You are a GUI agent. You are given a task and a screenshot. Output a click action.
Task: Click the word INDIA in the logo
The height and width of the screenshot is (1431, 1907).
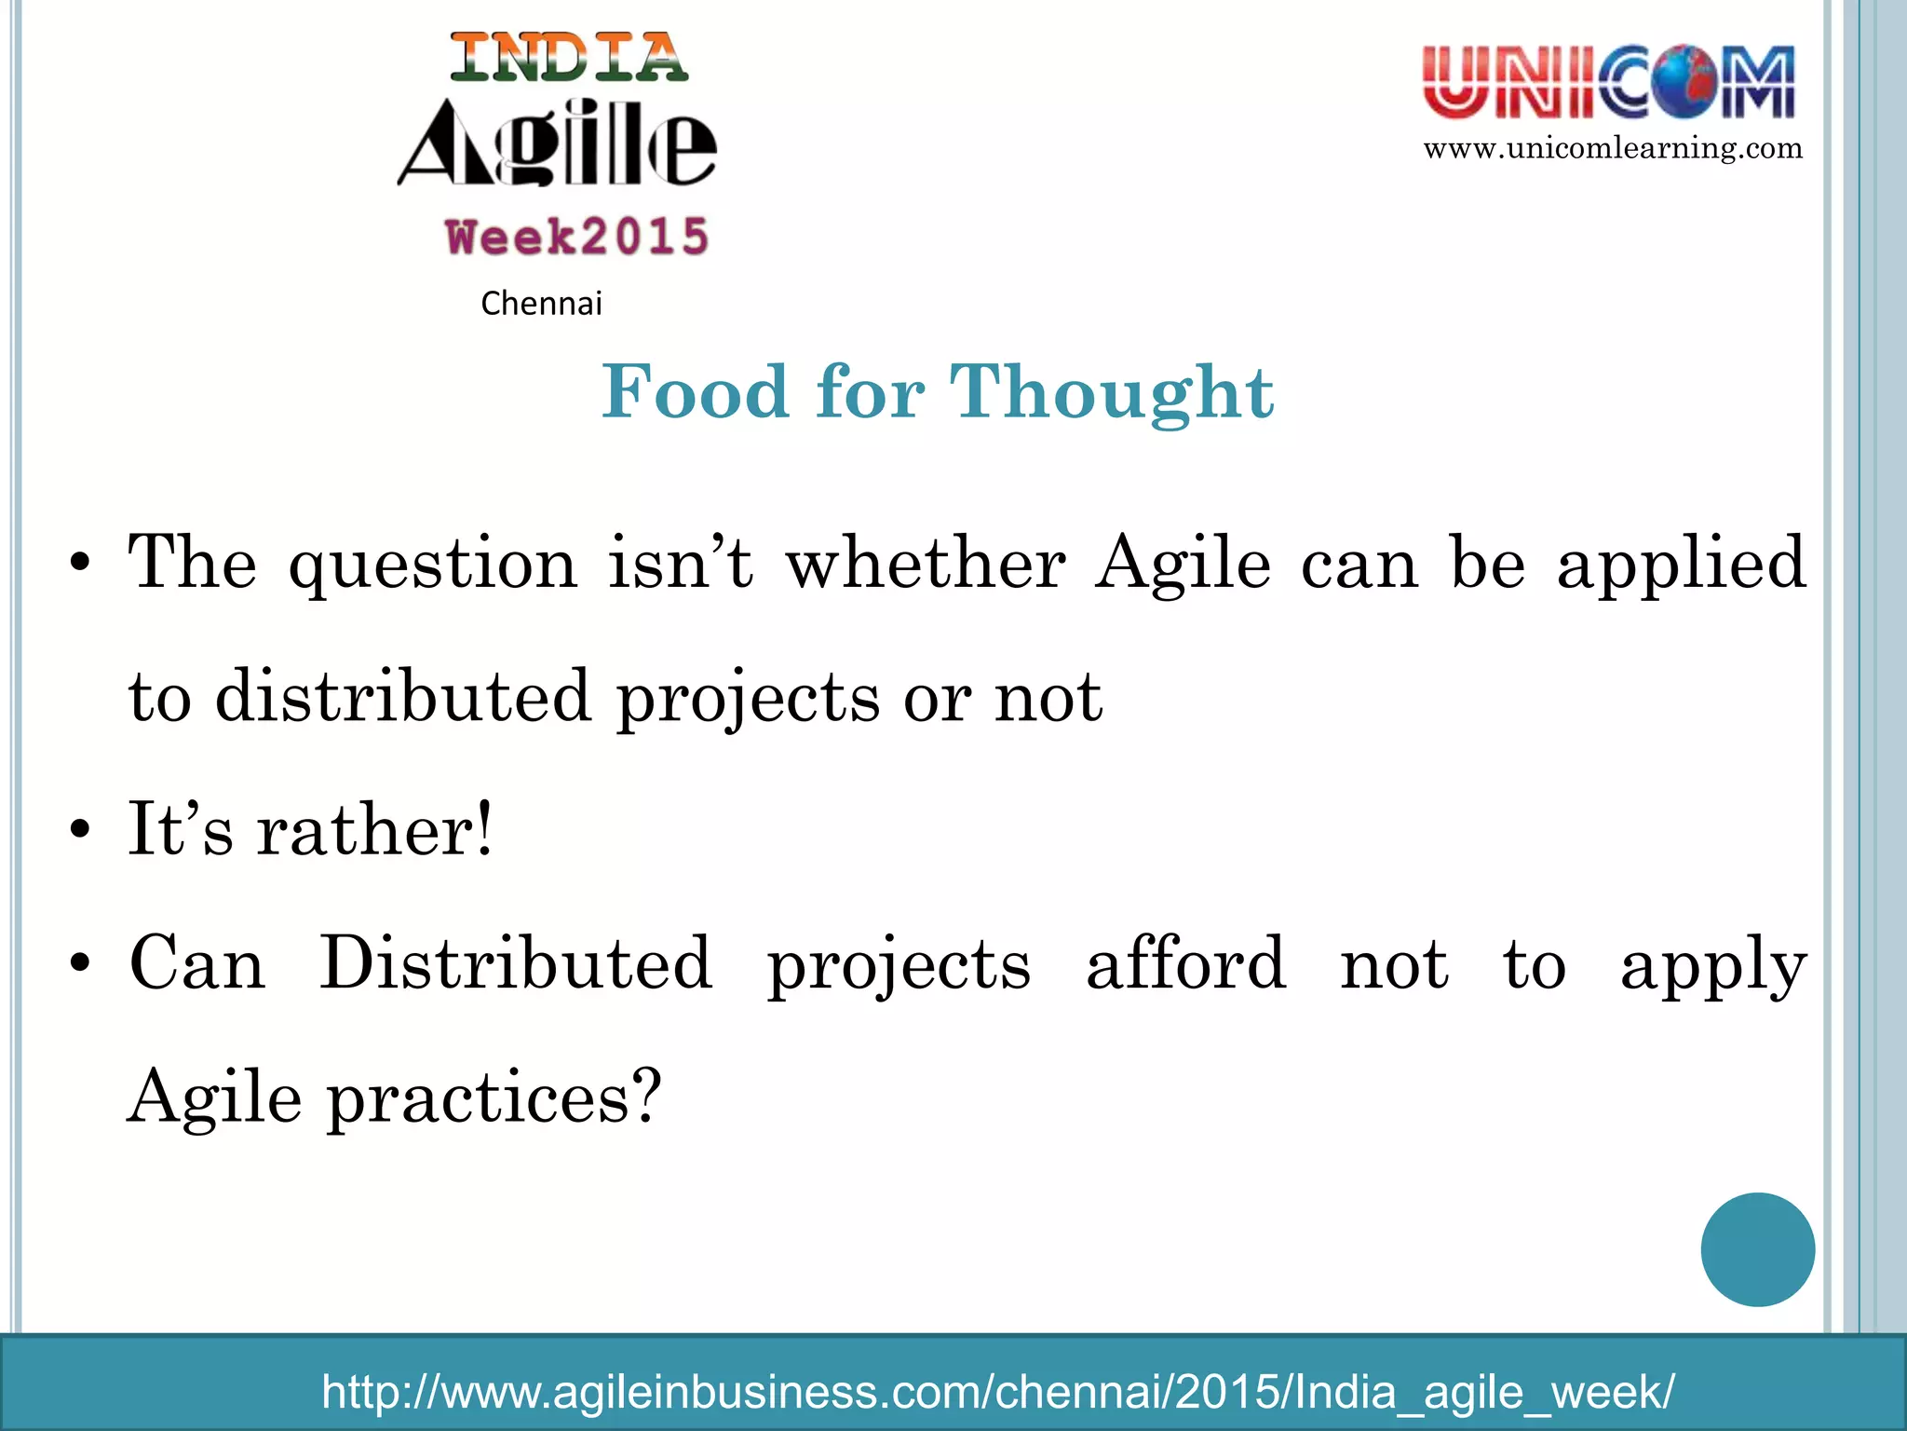coord(569,58)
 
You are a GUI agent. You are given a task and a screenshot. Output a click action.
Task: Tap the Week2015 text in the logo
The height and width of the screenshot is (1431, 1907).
coord(577,237)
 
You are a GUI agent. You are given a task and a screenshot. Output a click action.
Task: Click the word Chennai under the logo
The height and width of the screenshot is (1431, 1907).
coord(541,304)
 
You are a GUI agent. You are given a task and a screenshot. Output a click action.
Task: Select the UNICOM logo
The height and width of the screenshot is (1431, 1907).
coord(1609,83)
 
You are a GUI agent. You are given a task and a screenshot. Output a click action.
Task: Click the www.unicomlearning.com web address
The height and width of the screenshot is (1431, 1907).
coord(1613,148)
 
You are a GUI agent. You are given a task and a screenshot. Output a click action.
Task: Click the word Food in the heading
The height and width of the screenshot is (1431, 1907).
coord(695,392)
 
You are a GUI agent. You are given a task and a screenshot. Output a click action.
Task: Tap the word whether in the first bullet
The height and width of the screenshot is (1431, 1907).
coord(926,564)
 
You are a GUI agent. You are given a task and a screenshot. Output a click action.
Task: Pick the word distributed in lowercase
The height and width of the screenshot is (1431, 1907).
coord(403,697)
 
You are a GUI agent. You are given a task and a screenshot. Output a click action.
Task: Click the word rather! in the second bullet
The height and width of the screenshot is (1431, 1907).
coord(375,829)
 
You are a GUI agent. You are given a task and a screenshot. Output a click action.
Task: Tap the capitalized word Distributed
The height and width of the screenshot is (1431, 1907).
coord(517,963)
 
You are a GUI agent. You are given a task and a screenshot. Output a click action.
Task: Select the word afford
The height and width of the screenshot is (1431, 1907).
coord(1186,963)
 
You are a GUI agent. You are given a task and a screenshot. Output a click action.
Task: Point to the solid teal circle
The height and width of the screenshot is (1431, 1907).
coord(1757,1249)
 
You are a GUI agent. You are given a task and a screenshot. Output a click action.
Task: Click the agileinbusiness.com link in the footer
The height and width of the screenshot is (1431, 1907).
coord(997,1392)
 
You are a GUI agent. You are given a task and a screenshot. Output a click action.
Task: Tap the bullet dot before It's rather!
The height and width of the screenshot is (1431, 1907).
coord(81,829)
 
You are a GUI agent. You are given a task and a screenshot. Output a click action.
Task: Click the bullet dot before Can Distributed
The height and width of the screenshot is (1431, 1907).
coord(81,963)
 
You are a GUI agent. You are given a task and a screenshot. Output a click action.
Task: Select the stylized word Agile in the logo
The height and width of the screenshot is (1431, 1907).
coord(558,144)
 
